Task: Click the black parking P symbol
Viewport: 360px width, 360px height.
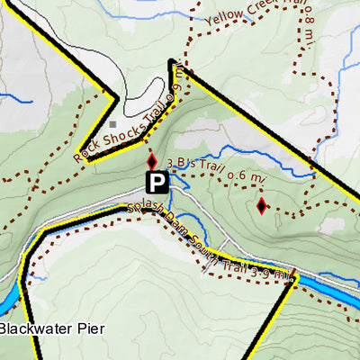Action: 157,184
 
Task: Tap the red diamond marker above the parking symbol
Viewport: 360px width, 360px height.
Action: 152,160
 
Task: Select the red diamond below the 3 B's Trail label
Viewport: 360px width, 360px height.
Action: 261,206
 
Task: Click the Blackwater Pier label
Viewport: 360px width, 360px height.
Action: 51,328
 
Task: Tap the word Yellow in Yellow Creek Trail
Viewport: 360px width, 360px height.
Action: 222,17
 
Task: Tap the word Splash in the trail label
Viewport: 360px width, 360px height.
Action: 144,212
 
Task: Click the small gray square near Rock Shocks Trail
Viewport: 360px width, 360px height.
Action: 112,124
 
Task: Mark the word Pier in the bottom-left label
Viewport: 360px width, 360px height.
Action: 90,328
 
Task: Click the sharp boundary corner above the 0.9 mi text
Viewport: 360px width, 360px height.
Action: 170,61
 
